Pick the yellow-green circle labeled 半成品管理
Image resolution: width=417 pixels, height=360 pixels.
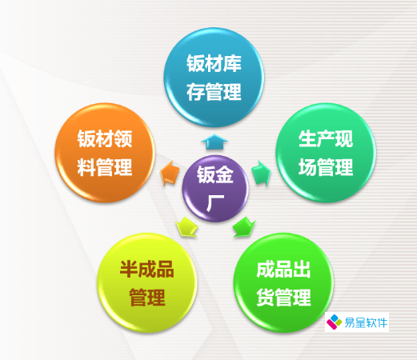tap(146, 283)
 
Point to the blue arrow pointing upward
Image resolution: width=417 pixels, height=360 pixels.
tap(213, 142)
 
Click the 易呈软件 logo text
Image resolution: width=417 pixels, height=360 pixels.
tap(366, 323)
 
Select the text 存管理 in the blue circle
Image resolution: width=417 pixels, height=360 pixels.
tap(213, 94)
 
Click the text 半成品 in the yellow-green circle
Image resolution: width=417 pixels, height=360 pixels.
tap(146, 270)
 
